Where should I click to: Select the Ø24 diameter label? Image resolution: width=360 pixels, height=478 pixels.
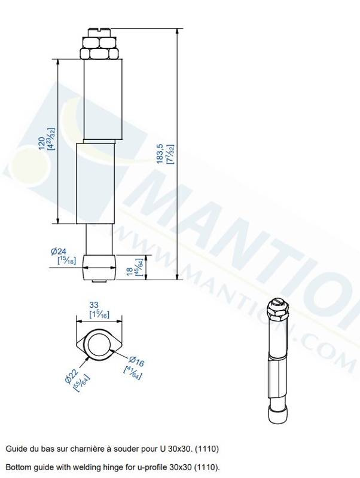(59, 252)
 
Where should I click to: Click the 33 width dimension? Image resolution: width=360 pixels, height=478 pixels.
(94, 305)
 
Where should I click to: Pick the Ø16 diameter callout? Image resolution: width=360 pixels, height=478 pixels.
(136, 361)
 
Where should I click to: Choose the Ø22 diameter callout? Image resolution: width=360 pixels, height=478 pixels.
(72, 376)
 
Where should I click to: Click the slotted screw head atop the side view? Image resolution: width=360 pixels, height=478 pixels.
(99, 32)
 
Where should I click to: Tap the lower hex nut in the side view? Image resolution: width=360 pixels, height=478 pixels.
(99, 53)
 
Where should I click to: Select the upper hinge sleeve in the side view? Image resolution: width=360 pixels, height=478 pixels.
(103, 99)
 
